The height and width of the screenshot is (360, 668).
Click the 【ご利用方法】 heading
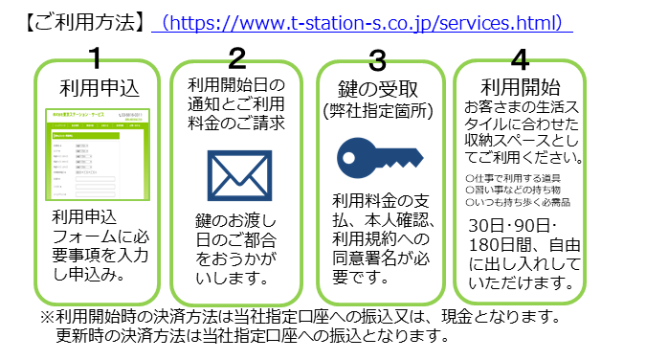tap(82, 21)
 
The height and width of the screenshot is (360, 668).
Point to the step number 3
tap(377, 59)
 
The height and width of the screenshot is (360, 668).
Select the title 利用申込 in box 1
tap(99, 87)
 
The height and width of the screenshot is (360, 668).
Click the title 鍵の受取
tap(378, 89)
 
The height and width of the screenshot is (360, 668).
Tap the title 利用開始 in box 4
tap(519, 84)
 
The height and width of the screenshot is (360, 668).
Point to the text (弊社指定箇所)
tap(379, 112)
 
